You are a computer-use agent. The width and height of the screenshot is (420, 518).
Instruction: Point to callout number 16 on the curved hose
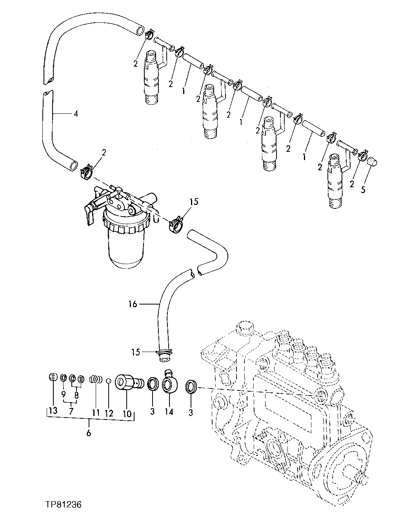coord(133,304)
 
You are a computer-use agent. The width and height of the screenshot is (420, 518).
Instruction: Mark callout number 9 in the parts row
coord(63,393)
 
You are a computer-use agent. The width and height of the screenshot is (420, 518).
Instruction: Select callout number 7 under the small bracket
coord(71,411)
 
